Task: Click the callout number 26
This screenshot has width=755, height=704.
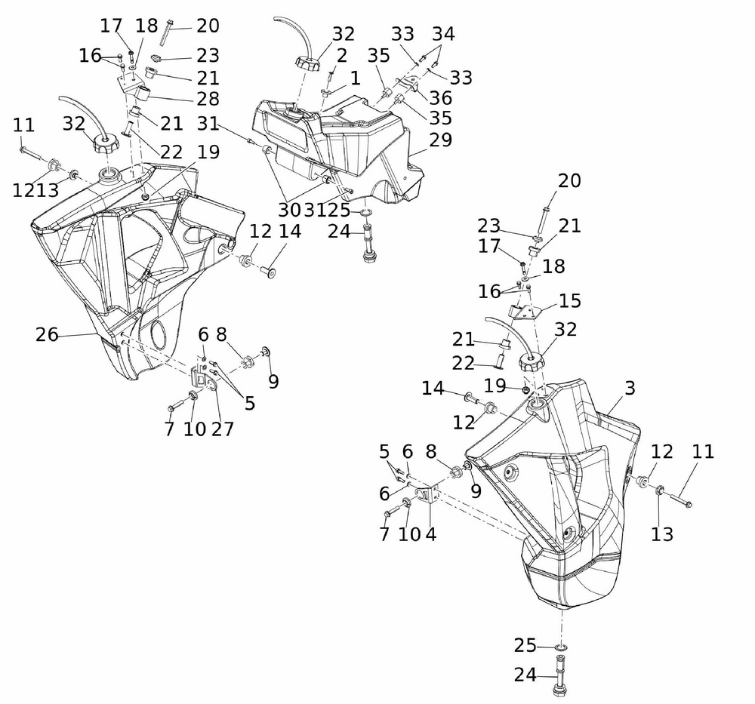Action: tap(47, 334)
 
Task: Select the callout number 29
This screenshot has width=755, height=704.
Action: tap(441, 140)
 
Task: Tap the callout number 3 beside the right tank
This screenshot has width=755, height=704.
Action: tap(630, 389)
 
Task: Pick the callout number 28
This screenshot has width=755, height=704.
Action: tap(208, 99)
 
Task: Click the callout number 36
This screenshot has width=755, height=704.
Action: tap(441, 98)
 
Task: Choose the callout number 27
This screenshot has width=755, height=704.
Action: tap(223, 429)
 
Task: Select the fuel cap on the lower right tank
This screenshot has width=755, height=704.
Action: tap(533, 361)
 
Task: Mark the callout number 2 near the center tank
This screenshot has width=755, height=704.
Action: tap(342, 55)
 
